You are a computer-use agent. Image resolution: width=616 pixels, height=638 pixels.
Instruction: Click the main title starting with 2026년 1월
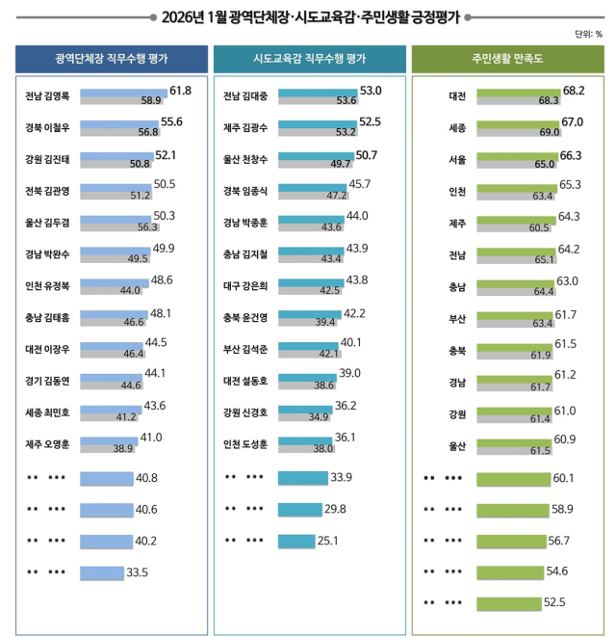310,15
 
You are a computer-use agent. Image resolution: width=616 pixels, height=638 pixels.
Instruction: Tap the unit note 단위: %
588,34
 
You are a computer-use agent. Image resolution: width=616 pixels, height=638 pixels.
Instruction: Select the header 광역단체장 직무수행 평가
112,60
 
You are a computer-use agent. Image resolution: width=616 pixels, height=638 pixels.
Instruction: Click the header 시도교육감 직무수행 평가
308,60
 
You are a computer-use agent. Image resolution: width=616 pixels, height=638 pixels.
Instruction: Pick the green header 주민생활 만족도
508,60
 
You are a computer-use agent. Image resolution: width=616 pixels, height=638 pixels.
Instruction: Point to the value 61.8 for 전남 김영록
181,90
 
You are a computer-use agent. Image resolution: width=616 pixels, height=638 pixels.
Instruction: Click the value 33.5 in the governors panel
139,572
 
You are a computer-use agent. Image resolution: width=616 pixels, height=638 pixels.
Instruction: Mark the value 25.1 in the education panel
329,541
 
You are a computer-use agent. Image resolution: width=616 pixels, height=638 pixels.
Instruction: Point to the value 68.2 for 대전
575,90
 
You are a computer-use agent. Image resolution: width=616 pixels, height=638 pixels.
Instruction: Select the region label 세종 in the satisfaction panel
458,128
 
